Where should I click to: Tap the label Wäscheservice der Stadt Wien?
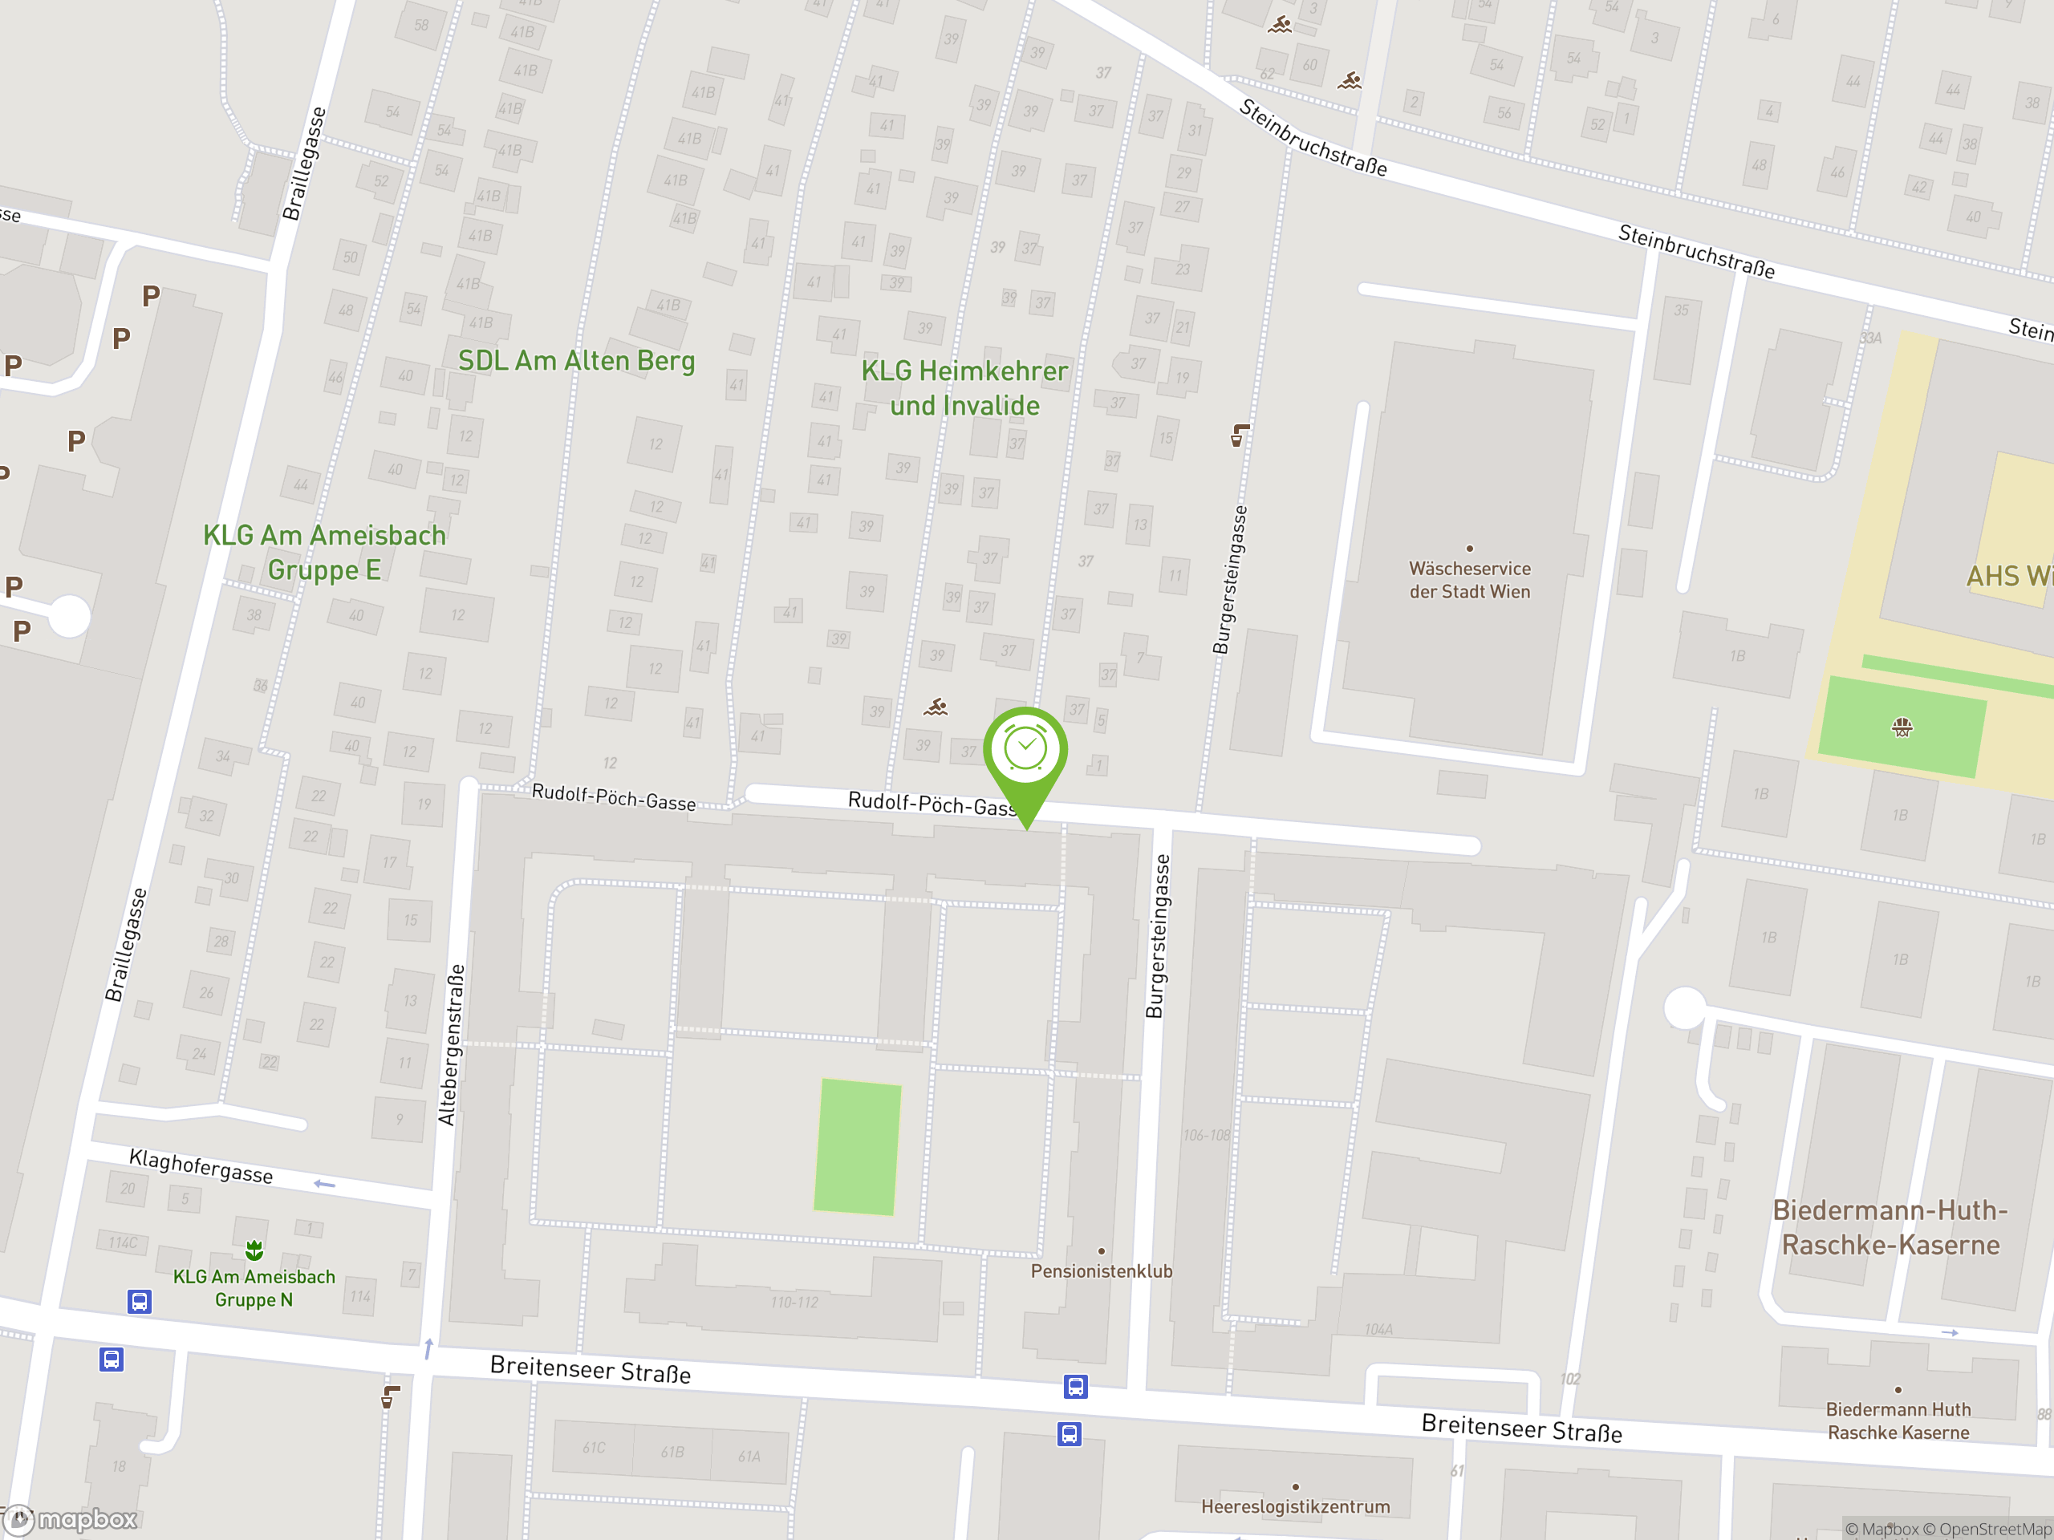[1469, 580]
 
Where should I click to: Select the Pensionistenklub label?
[1102, 1270]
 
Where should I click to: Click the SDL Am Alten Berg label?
[577, 361]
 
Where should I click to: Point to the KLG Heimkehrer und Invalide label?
[964, 388]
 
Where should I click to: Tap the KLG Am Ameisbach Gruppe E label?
[324, 553]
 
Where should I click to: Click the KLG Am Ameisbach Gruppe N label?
[254, 1287]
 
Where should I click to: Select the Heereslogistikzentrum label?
[1295, 1506]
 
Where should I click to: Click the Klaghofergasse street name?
[201, 1166]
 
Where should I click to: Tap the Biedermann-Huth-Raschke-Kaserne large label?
[1890, 1227]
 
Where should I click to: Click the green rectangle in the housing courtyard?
[857, 1146]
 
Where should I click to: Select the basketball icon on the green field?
[1902, 727]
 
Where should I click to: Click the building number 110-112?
[794, 1303]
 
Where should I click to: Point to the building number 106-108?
[1206, 1135]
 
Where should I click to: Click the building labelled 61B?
[672, 1452]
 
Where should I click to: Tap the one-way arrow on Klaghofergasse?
[324, 1185]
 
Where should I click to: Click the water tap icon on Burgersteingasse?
[1240, 435]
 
